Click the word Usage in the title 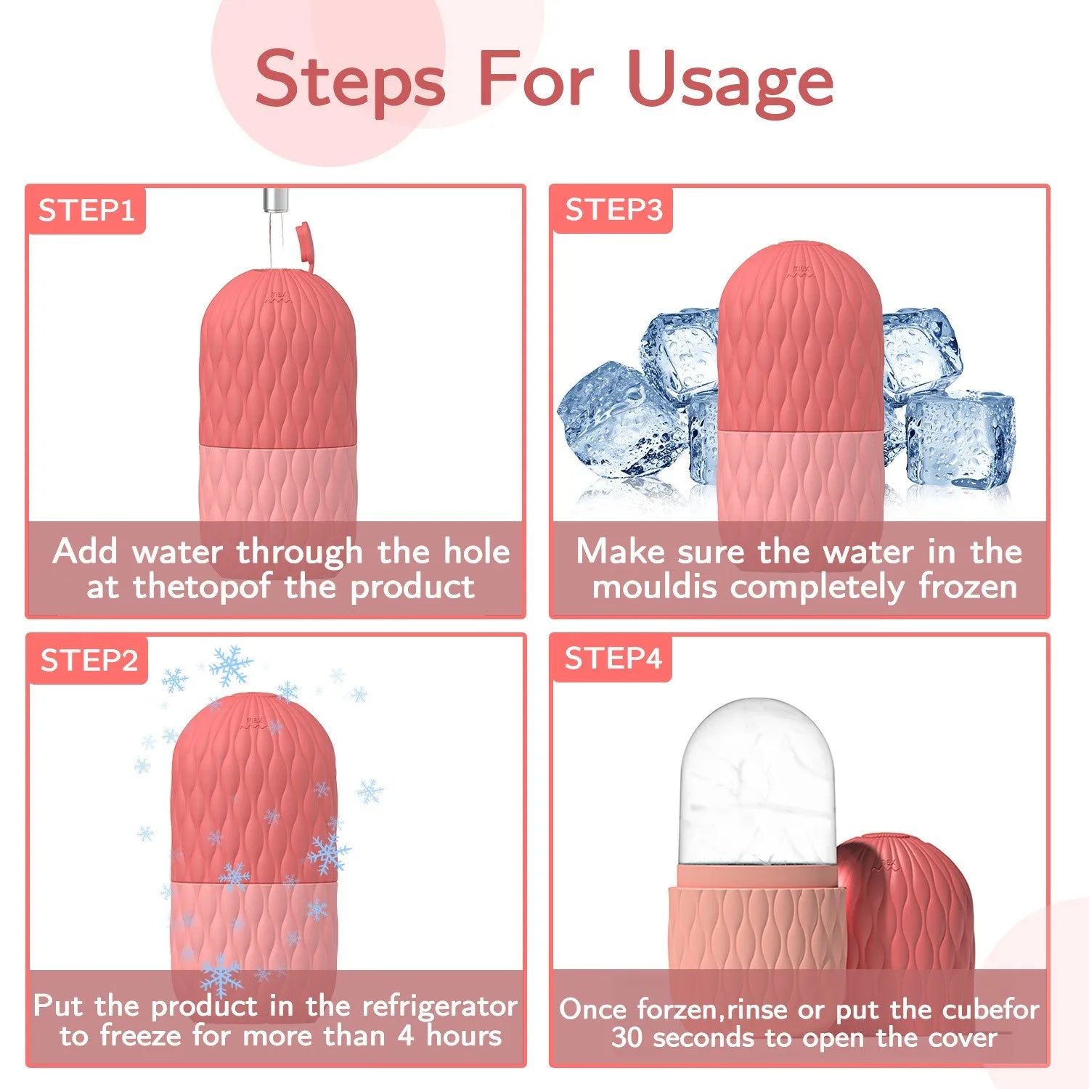730,81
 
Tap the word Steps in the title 350,81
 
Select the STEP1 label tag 86,211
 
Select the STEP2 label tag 89,660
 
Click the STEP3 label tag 613,210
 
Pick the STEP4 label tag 613,658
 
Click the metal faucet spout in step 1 274,199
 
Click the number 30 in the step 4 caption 627,1037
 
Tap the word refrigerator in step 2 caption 439,1006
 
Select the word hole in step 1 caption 476,552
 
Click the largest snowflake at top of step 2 231,665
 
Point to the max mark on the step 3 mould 799,271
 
